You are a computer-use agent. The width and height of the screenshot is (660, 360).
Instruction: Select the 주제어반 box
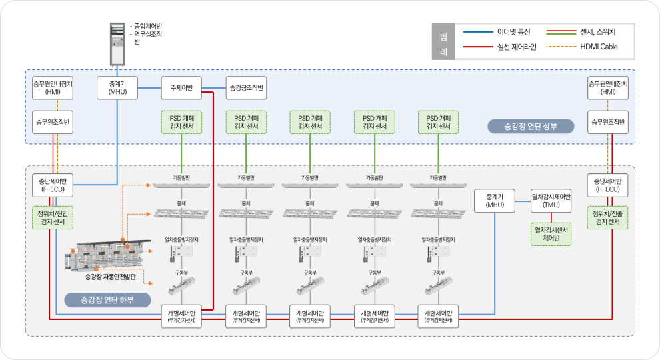[181, 88]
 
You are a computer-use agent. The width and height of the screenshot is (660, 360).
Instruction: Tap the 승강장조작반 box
[246, 88]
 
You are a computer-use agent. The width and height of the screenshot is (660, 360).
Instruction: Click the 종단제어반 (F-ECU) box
[53, 185]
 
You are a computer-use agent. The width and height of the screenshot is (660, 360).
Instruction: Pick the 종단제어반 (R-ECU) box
[607, 185]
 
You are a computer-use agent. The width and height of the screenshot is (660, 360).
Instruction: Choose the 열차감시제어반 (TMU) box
[551, 201]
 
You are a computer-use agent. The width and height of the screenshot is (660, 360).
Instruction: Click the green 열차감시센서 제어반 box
[551, 234]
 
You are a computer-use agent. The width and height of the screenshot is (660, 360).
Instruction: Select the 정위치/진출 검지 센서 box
[607, 217]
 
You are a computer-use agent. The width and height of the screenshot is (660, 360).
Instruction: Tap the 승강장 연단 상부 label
[530, 126]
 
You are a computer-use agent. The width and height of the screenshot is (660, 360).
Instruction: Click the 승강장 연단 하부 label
[107, 299]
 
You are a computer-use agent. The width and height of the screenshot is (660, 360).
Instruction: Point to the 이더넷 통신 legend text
[513, 32]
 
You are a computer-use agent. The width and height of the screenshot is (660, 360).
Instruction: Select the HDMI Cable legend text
[599, 47]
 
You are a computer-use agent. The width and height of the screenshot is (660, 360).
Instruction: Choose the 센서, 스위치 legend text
[599, 32]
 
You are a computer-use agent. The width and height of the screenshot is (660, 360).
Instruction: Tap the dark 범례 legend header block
[443, 41]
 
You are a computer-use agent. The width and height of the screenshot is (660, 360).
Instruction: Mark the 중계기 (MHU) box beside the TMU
[495, 201]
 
